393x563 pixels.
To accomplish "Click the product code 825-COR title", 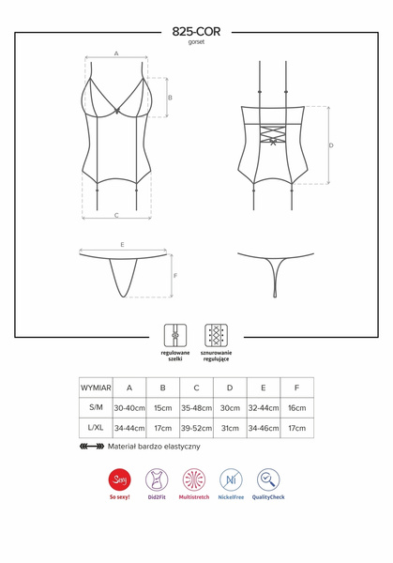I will (x=196, y=32).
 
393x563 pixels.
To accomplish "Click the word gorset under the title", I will (x=196, y=43).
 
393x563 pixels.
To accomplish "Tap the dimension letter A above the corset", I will (x=116, y=54).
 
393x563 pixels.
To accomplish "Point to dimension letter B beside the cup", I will (x=170, y=98).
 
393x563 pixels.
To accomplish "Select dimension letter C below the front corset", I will (x=116, y=215).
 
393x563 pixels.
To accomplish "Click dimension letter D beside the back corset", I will (x=331, y=145).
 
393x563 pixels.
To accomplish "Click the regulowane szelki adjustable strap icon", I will (x=174, y=335).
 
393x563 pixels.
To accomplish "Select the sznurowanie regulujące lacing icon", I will (x=216, y=335).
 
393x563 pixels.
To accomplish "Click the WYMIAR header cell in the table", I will (x=96, y=387).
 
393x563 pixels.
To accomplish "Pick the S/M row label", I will (x=96, y=408).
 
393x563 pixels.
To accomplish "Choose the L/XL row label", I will (x=96, y=428).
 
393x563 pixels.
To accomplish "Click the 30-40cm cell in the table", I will (x=129, y=408).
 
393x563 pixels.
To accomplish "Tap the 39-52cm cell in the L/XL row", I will (x=196, y=428).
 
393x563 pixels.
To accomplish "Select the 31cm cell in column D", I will (x=230, y=428).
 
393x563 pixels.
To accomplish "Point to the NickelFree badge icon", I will (x=230, y=481).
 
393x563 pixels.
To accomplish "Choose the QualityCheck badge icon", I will (x=268, y=481).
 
